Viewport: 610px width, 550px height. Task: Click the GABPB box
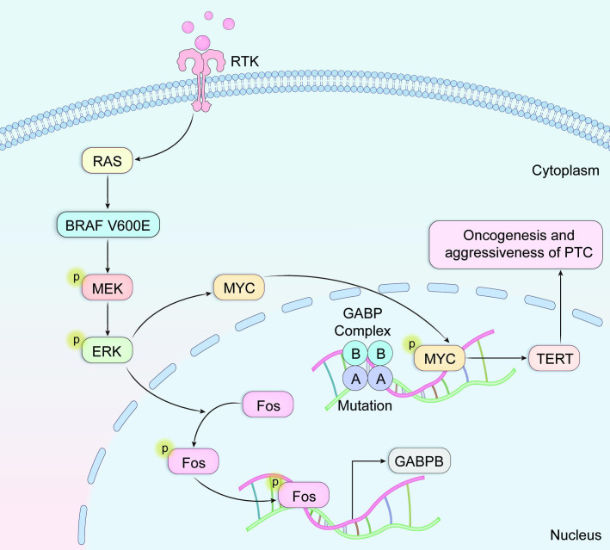420,462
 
